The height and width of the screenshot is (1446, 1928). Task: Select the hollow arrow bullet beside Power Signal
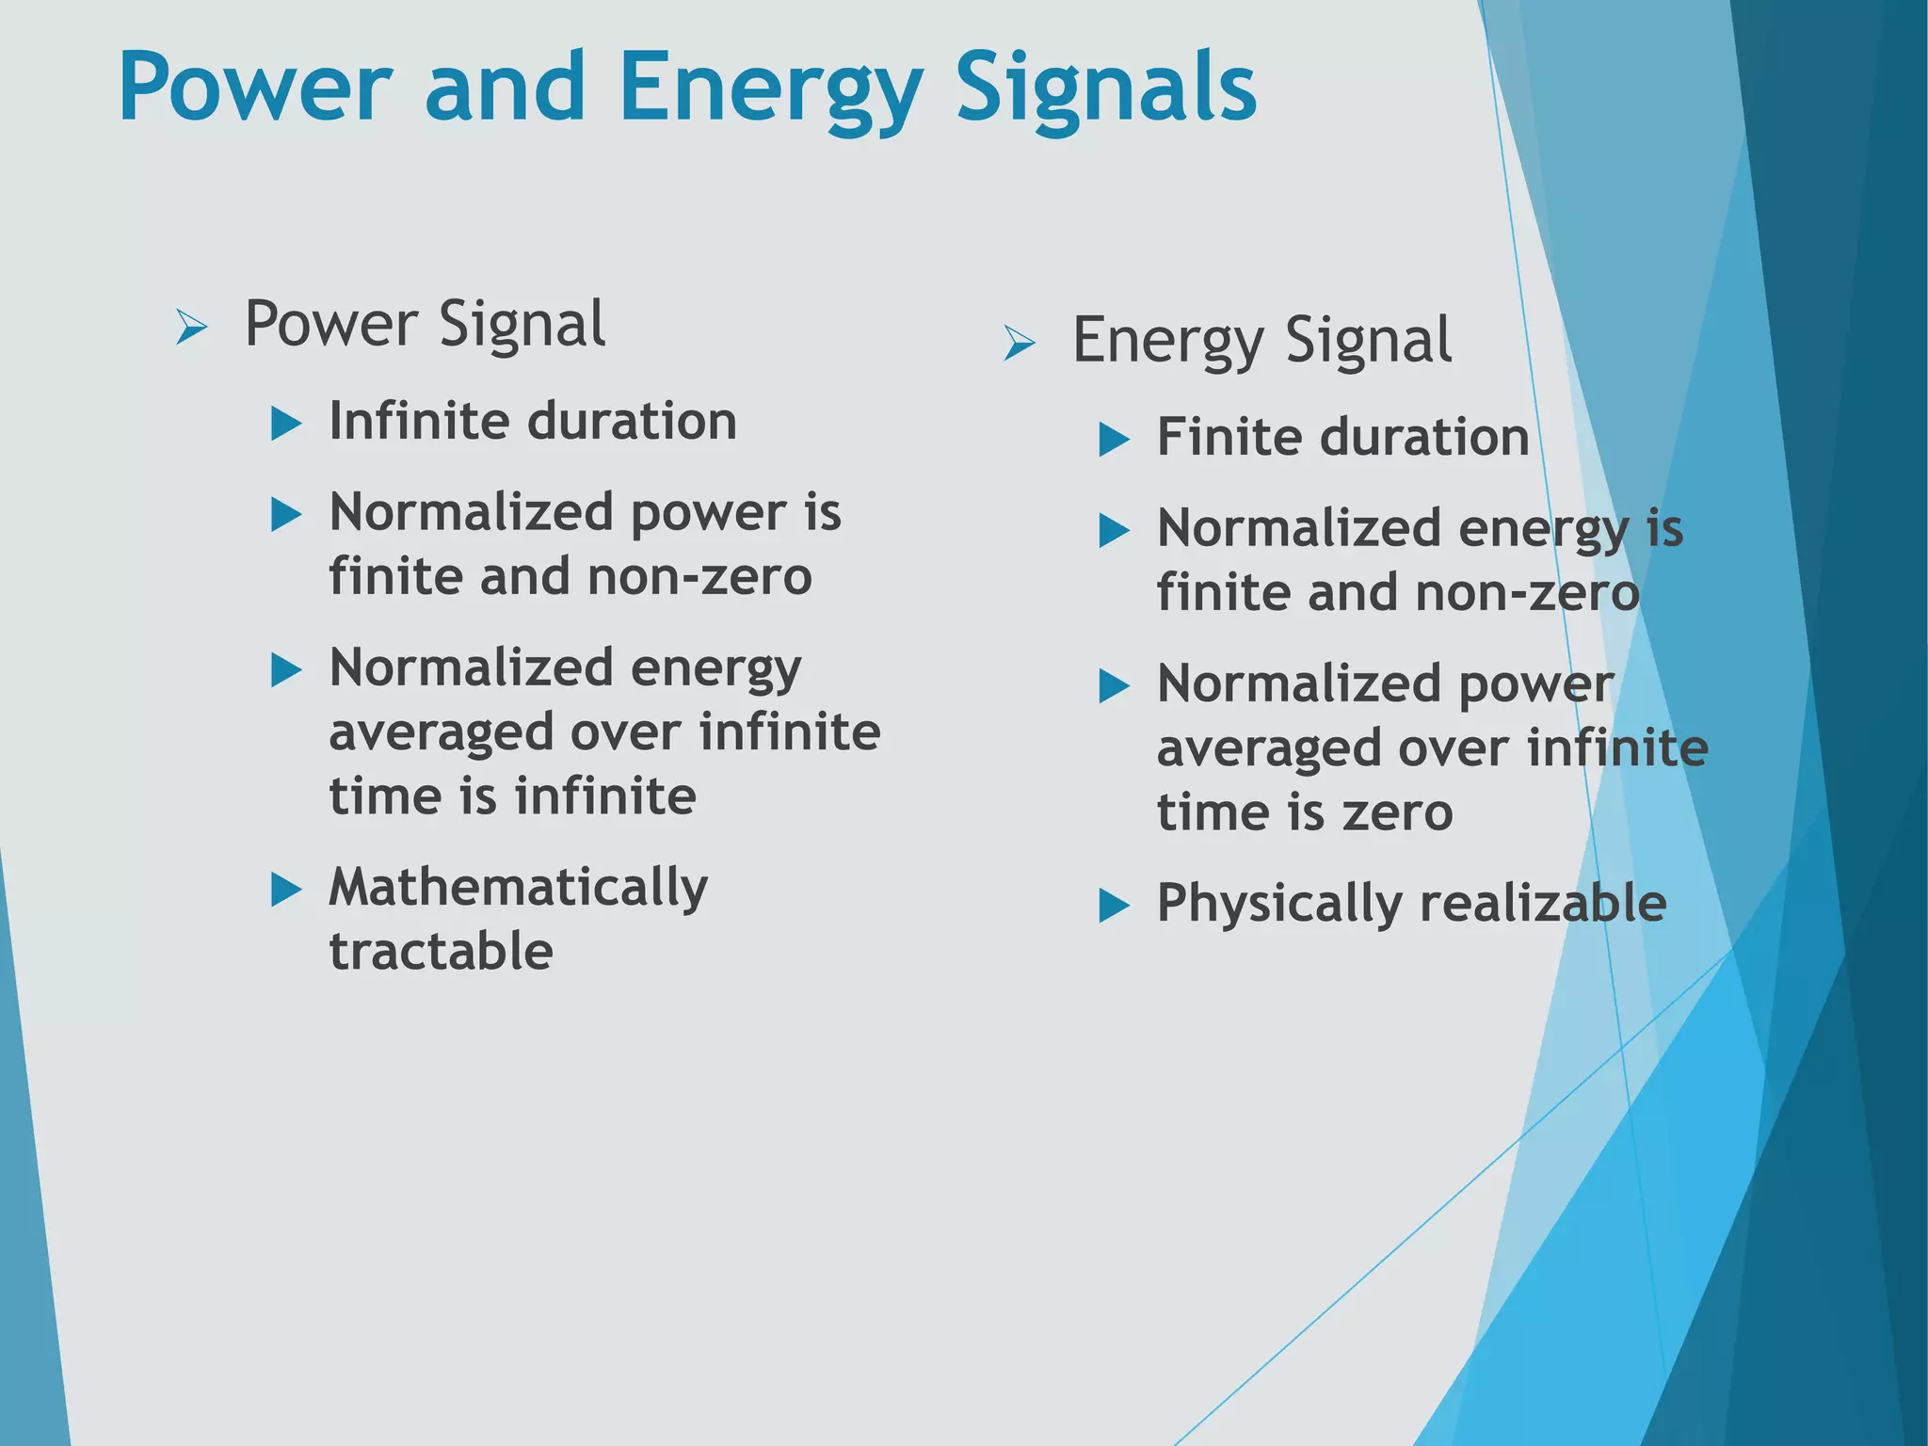click(192, 329)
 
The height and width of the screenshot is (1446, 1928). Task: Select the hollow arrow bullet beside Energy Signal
click(1020, 344)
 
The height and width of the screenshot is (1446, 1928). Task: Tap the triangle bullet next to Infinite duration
click(285, 424)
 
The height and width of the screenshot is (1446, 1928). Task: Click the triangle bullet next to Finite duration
click(1114, 440)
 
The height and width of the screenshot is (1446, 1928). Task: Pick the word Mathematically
click(518, 888)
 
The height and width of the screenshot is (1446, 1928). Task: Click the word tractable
click(441, 951)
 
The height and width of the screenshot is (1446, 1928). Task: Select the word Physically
click(1278, 904)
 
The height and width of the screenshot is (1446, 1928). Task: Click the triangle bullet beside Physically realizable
click(1114, 906)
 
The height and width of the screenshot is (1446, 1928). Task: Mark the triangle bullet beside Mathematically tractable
click(285, 890)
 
